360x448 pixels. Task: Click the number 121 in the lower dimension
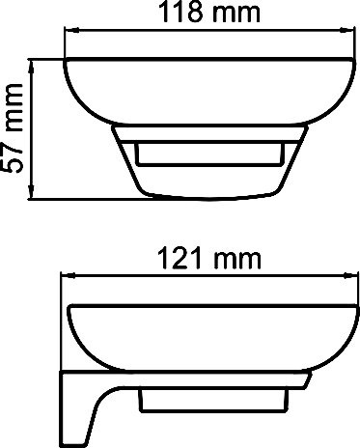[x=156, y=259]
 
